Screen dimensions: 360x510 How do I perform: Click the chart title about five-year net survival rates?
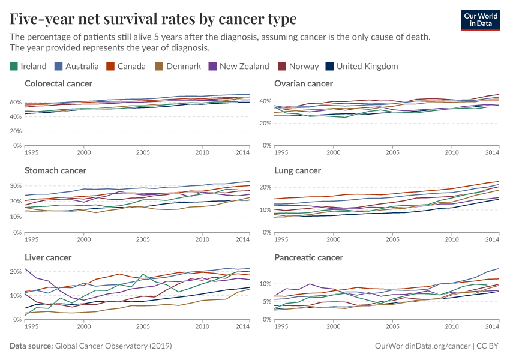[153, 19]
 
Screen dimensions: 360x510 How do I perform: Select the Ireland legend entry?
[28, 66]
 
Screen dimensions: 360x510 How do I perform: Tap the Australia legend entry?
[77, 66]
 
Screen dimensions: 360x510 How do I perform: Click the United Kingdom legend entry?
[361, 66]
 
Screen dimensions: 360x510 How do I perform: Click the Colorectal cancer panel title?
[59, 83]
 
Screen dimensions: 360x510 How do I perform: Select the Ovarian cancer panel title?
[304, 83]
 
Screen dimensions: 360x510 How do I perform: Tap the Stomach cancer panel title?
[55, 170]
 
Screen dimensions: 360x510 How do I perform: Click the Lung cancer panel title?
[298, 170]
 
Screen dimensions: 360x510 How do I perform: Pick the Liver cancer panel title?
[48, 257]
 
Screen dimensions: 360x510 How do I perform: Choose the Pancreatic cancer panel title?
[308, 257]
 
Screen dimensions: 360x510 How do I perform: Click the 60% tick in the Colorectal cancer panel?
[16, 102]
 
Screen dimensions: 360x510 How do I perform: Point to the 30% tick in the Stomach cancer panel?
[16, 185]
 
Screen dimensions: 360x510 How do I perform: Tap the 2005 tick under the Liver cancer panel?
[143, 326]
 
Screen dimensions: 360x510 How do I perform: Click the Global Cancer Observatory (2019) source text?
[113, 346]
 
